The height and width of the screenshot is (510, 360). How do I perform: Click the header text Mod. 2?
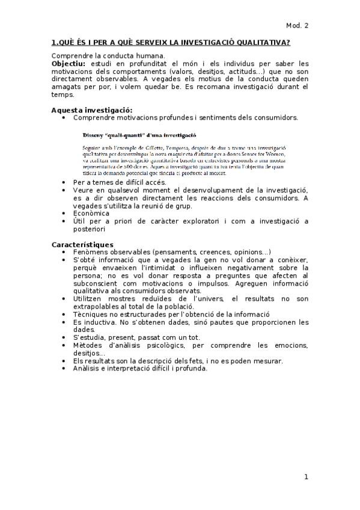click(x=297, y=25)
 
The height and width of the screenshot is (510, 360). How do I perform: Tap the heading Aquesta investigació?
click(x=83, y=110)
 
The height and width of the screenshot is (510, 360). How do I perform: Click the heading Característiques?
click(x=82, y=244)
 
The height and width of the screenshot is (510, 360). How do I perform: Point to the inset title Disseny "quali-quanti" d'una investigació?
click(x=140, y=135)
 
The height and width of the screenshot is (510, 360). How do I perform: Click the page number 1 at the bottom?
click(x=306, y=477)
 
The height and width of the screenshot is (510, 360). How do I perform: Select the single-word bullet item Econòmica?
click(x=91, y=214)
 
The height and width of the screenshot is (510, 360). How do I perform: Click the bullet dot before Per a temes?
click(x=64, y=182)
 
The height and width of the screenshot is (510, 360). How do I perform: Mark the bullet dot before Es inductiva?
click(x=64, y=322)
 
